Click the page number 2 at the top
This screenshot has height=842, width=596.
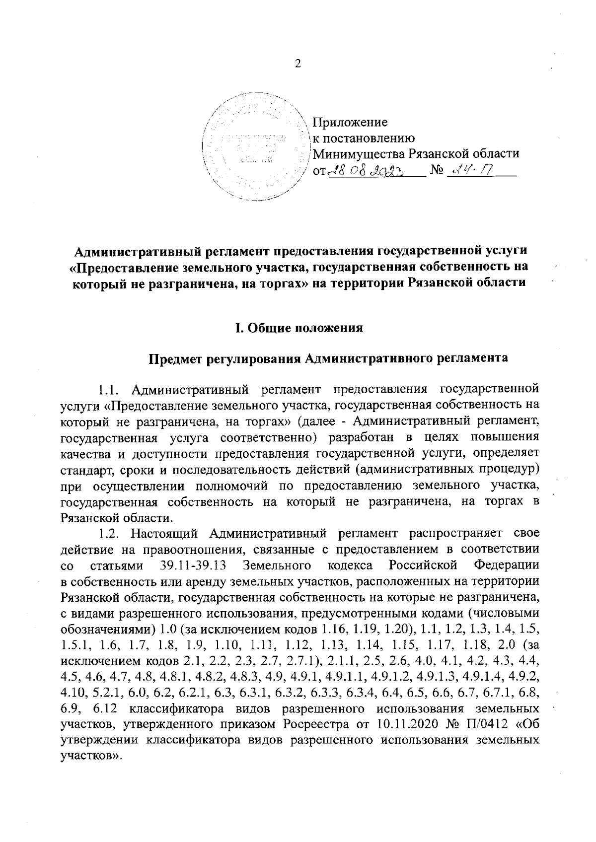click(x=298, y=64)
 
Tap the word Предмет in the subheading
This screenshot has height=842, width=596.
click(x=176, y=358)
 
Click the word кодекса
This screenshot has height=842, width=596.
click(x=350, y=565)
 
